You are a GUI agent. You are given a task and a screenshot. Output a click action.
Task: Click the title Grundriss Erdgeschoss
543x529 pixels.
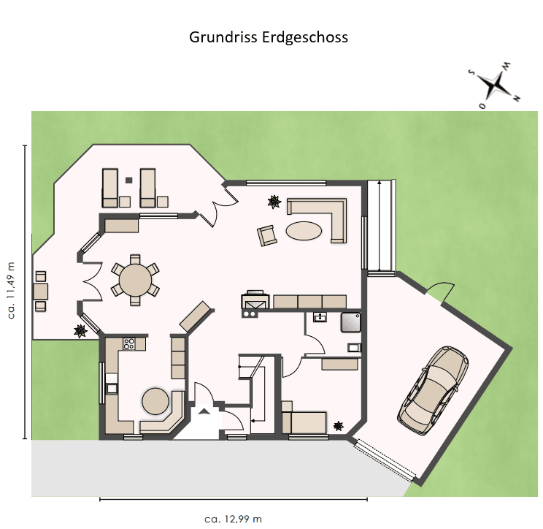coord(269,37)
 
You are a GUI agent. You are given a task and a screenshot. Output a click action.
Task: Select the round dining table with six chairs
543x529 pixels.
coord(135,278)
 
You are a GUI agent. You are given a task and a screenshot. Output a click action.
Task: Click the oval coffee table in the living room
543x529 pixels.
coord(304,230)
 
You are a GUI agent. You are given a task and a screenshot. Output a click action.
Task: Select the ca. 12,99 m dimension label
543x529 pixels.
coord(234,519)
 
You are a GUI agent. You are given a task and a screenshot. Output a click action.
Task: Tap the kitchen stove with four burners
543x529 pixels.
coord(131,342)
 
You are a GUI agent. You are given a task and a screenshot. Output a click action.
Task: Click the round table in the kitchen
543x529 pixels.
coord(155,400)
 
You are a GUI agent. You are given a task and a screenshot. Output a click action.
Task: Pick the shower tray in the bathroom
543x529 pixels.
coord(351,321)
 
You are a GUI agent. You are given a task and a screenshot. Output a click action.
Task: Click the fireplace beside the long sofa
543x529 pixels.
coord(255,302)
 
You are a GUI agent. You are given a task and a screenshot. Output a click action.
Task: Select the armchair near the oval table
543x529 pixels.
coord(266,235)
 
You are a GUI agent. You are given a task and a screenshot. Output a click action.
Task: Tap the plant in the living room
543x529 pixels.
coord(274,202)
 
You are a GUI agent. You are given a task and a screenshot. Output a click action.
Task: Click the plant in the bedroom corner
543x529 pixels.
coord(339,425)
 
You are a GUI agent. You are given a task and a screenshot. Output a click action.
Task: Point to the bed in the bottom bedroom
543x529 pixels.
coord(304,422)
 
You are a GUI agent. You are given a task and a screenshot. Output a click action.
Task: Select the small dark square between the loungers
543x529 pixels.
coord(128,179)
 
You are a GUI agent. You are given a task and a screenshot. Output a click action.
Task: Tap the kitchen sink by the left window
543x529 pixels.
coord(112,387)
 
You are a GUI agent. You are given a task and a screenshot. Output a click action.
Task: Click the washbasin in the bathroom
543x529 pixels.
coord(320,317)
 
